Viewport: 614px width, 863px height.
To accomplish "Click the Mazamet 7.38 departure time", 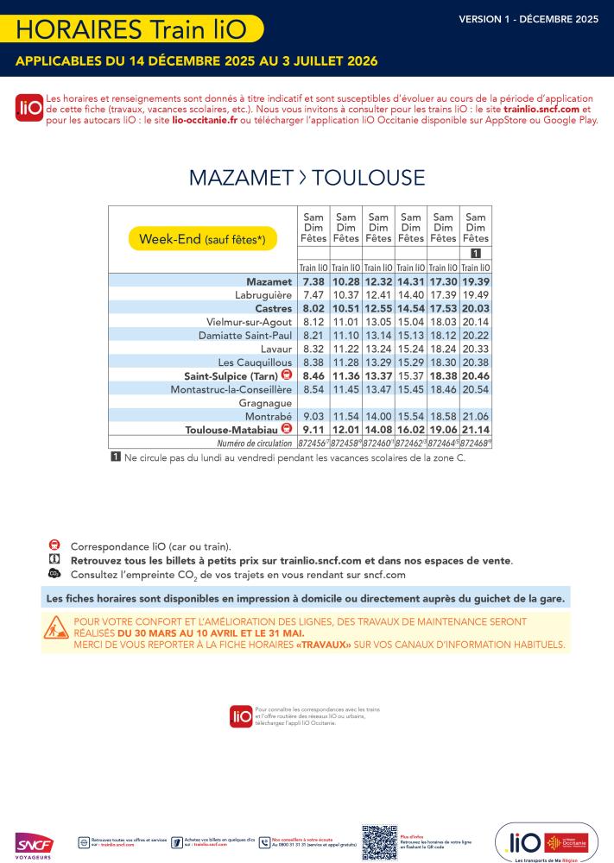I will tap(313, 281).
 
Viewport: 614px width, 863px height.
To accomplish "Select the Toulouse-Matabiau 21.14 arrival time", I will tap(475, 428).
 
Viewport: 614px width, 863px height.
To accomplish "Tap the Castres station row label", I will tap(274, 308).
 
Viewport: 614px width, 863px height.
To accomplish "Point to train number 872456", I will tap(312, 442).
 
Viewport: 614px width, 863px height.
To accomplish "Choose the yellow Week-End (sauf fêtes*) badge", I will tap(203, 239).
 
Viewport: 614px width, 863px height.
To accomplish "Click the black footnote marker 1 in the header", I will tap(475, 253).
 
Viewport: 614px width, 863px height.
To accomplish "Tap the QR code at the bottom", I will tap(379, 842).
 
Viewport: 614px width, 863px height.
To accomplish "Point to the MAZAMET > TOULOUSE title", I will tap(307, 178).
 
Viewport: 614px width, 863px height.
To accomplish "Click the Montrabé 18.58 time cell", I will tap(442, 415).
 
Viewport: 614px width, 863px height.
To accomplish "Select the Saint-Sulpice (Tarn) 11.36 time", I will tap(345, 375).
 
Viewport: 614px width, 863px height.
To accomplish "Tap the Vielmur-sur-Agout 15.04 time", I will tap(410, 321).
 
